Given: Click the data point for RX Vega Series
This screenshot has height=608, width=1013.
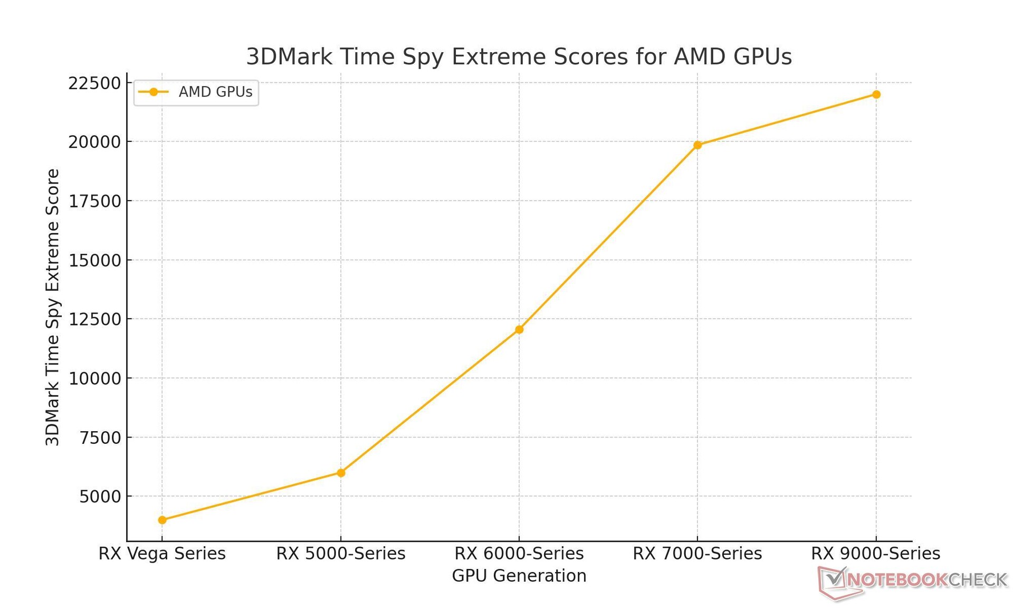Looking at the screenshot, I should point(162,520).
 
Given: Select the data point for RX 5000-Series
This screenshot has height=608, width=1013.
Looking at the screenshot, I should point(341,473).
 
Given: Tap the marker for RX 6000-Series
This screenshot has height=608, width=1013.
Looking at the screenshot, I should point(519,329).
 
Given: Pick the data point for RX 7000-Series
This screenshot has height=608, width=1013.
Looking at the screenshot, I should point(697,145).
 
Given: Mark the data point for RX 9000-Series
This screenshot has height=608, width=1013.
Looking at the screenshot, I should point(876,94).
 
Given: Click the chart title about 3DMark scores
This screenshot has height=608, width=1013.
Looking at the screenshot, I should point(519,56).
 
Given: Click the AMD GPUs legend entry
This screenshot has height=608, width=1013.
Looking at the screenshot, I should point(196,92).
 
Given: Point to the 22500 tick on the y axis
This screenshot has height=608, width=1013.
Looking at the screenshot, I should point(95,83).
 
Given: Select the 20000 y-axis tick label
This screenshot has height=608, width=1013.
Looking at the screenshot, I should point(95,142).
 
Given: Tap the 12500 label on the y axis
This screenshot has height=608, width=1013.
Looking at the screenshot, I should point(95,319).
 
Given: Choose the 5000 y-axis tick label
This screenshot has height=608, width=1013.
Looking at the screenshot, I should point(100,497).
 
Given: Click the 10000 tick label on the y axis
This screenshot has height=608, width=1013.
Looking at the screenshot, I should point(95,378).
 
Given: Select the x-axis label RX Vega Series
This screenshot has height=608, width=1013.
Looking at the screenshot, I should point(162,554).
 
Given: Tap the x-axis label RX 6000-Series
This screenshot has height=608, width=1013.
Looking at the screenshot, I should point(519,554).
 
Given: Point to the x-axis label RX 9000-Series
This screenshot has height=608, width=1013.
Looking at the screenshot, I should point(876,554).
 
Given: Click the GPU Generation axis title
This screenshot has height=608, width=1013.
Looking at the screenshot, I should point(519,576).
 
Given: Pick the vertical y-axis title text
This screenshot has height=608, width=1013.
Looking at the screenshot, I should point(53,307).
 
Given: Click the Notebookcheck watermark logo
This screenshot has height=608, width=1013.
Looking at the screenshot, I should point(913,581).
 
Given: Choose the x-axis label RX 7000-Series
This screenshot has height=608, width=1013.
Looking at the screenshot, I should point(697,554).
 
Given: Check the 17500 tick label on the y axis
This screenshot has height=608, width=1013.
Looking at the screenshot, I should point(95,201).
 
